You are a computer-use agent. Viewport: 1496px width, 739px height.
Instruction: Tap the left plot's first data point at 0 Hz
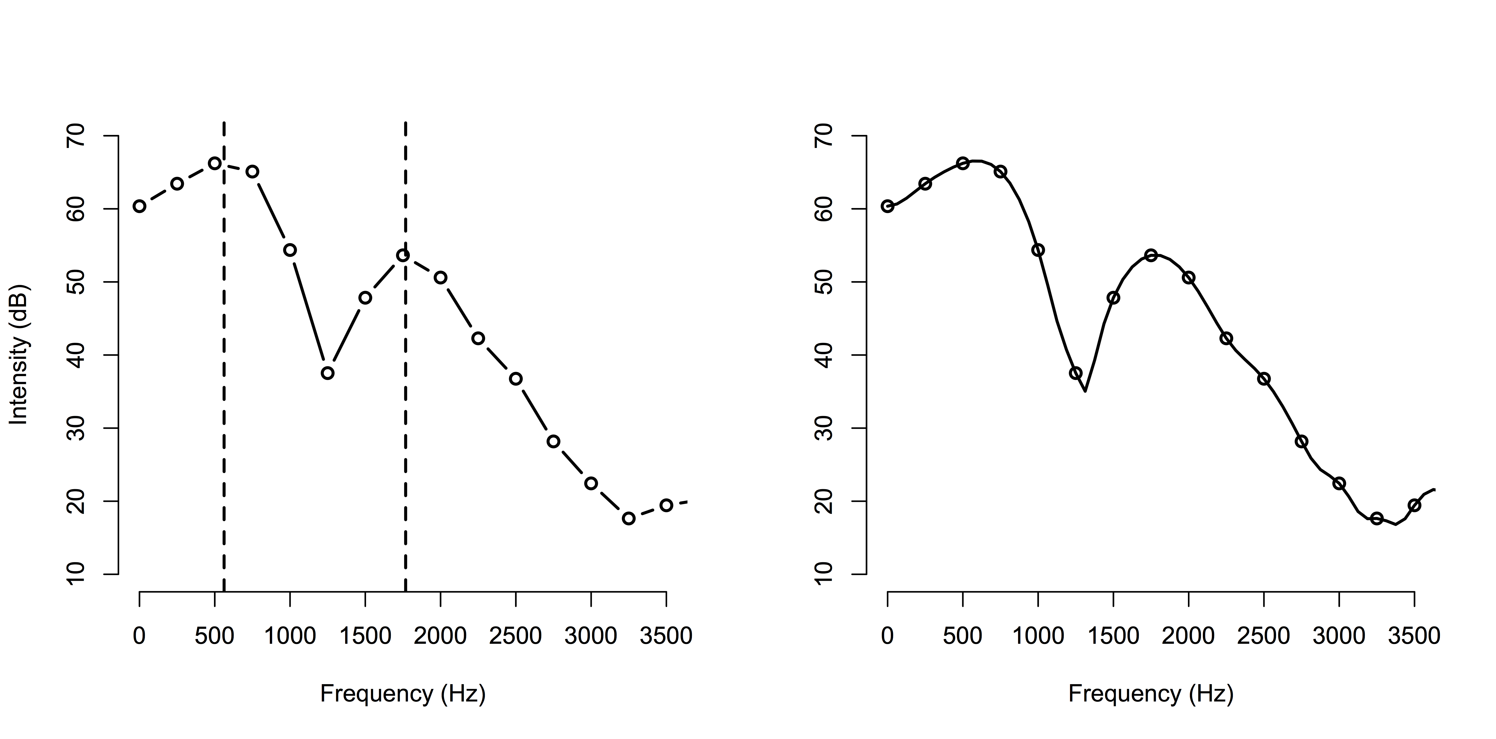139,206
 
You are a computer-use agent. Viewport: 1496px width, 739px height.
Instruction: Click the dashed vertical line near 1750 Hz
405,406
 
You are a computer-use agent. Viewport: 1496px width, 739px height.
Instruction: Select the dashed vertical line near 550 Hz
224,406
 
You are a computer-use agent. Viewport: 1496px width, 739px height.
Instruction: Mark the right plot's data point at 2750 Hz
1302,441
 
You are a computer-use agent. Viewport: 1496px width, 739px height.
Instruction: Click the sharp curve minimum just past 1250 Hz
1085,391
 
